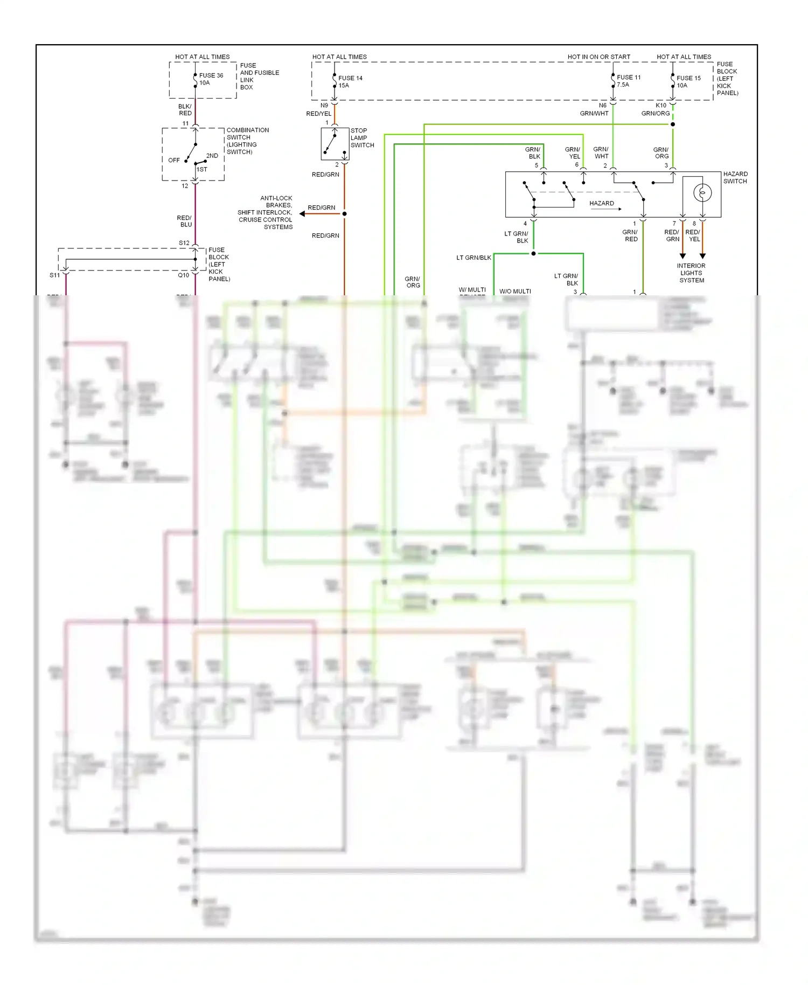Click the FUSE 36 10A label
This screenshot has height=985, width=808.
211,79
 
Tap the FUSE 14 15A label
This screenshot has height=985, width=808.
350,81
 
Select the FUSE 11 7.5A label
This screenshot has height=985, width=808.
628,81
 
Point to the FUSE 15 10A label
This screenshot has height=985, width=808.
688,81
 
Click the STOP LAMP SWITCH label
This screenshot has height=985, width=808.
362,138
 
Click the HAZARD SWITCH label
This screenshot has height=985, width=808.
735,177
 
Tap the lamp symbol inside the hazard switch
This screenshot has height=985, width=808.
702,192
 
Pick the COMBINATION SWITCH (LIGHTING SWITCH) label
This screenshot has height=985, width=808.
247,141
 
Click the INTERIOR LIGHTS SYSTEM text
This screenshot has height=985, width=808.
691,273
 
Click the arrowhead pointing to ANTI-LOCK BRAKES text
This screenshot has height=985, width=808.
302,214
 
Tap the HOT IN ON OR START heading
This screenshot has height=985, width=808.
598,57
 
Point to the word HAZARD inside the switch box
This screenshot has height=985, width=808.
601,203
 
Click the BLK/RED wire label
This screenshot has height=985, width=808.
185,110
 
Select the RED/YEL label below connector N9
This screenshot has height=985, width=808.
318,114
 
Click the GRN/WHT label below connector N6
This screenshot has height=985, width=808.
594,113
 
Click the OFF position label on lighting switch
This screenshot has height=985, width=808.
173,160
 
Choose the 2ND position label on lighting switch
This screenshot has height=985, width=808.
212,156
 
